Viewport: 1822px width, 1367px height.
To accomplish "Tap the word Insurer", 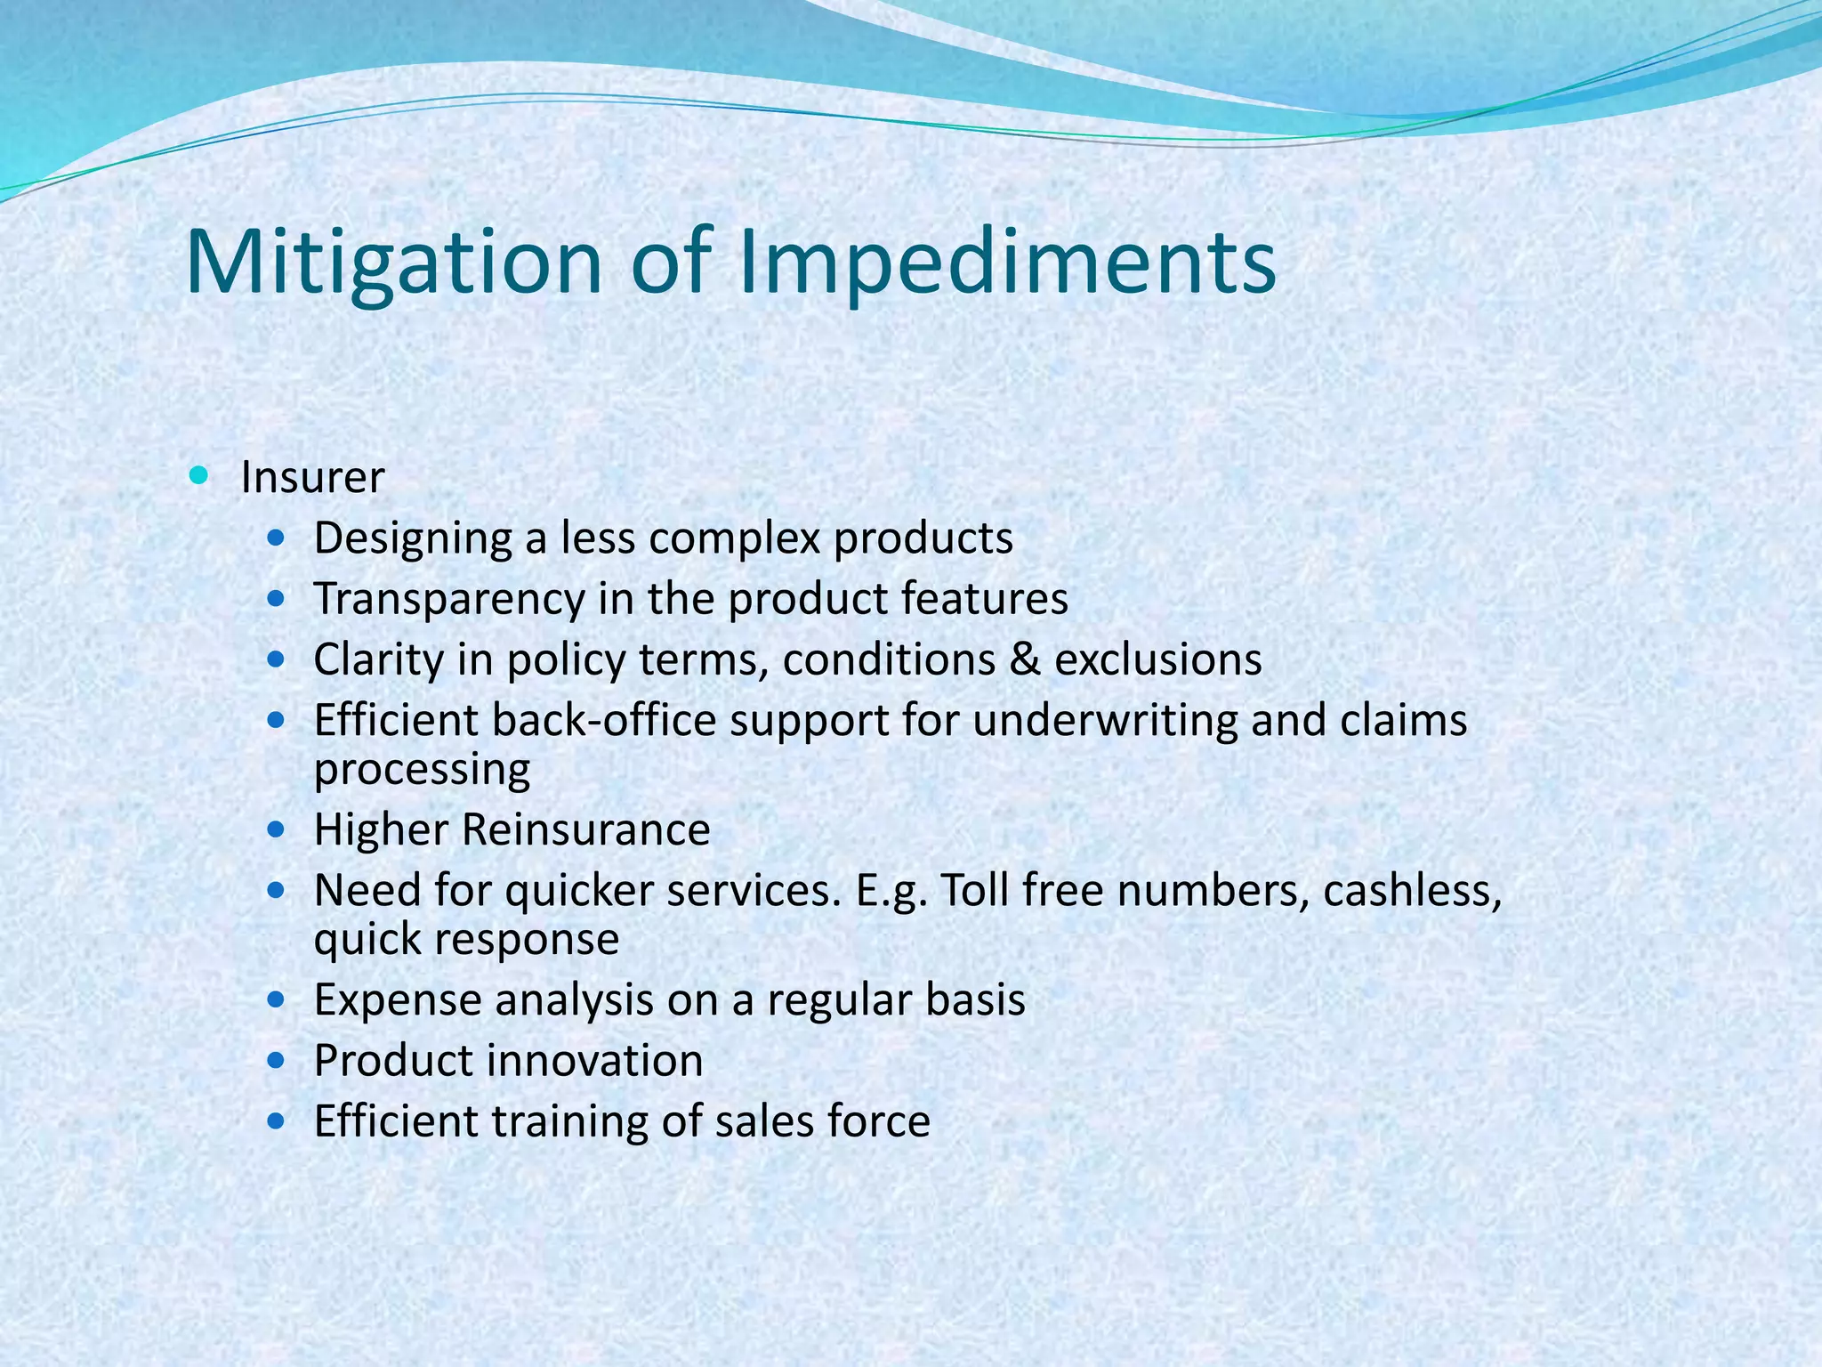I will pyautogui.click(x=312, y=478).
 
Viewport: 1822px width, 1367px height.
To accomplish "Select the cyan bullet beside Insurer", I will pyautogui.click(x=198, y=475).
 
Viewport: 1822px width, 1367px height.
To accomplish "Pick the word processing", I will pyautogui.click(x=422, y=770).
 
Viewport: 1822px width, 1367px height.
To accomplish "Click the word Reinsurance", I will pyautogui.click(x=585, y=830).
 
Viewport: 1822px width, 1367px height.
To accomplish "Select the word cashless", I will pyautogui.click(x=1412, y=891).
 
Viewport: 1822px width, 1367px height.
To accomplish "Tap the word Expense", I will pyautogui.click(x=398, y=1000).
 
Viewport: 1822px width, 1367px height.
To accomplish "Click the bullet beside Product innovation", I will pyautogui.click(x=277, y=1060).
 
